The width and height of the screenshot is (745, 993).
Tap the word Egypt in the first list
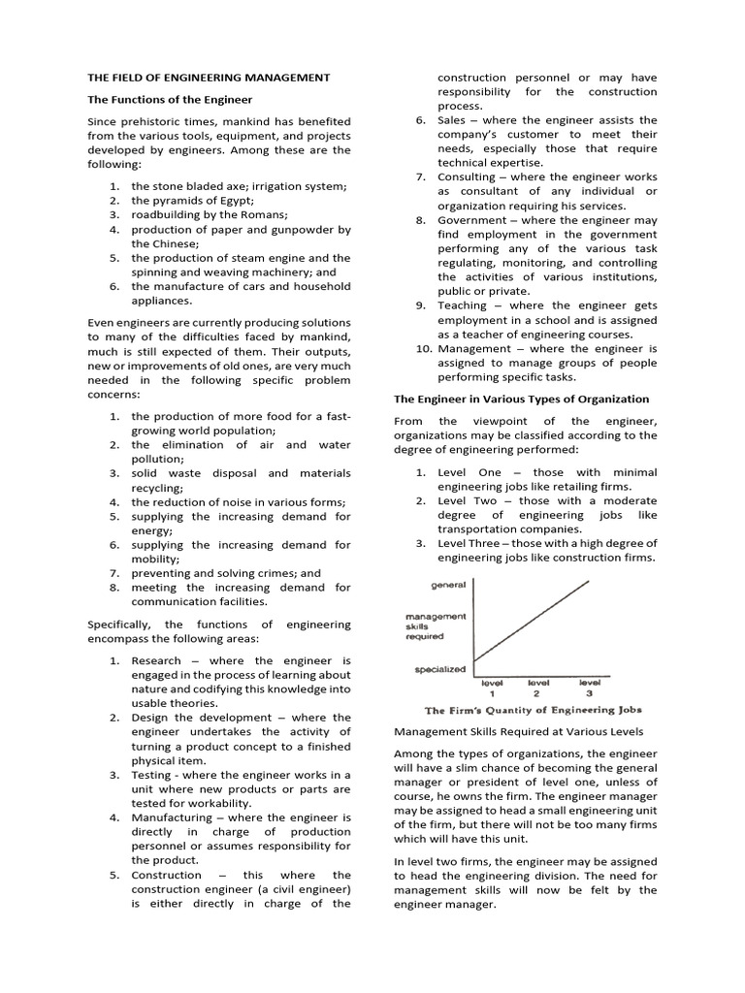tap(225, 200)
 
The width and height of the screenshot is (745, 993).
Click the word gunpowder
tap(300, 230)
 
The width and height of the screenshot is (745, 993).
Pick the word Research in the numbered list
tap(156, 660)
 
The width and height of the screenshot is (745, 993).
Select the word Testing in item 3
tap(152, 775)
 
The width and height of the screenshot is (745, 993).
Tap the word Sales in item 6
tap(452, 120)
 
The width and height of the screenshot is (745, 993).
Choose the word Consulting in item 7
tap(466, 177)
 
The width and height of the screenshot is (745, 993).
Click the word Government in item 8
tap(470, 220)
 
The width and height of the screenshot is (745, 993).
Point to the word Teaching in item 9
tap(465, 305)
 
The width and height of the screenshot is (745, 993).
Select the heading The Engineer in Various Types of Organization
tap(521, 399)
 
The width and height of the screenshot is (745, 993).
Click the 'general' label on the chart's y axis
tap(447, 585)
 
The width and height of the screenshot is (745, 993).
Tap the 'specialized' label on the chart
tap(439, 669)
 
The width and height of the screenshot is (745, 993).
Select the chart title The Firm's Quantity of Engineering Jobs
tap(533, 710)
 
